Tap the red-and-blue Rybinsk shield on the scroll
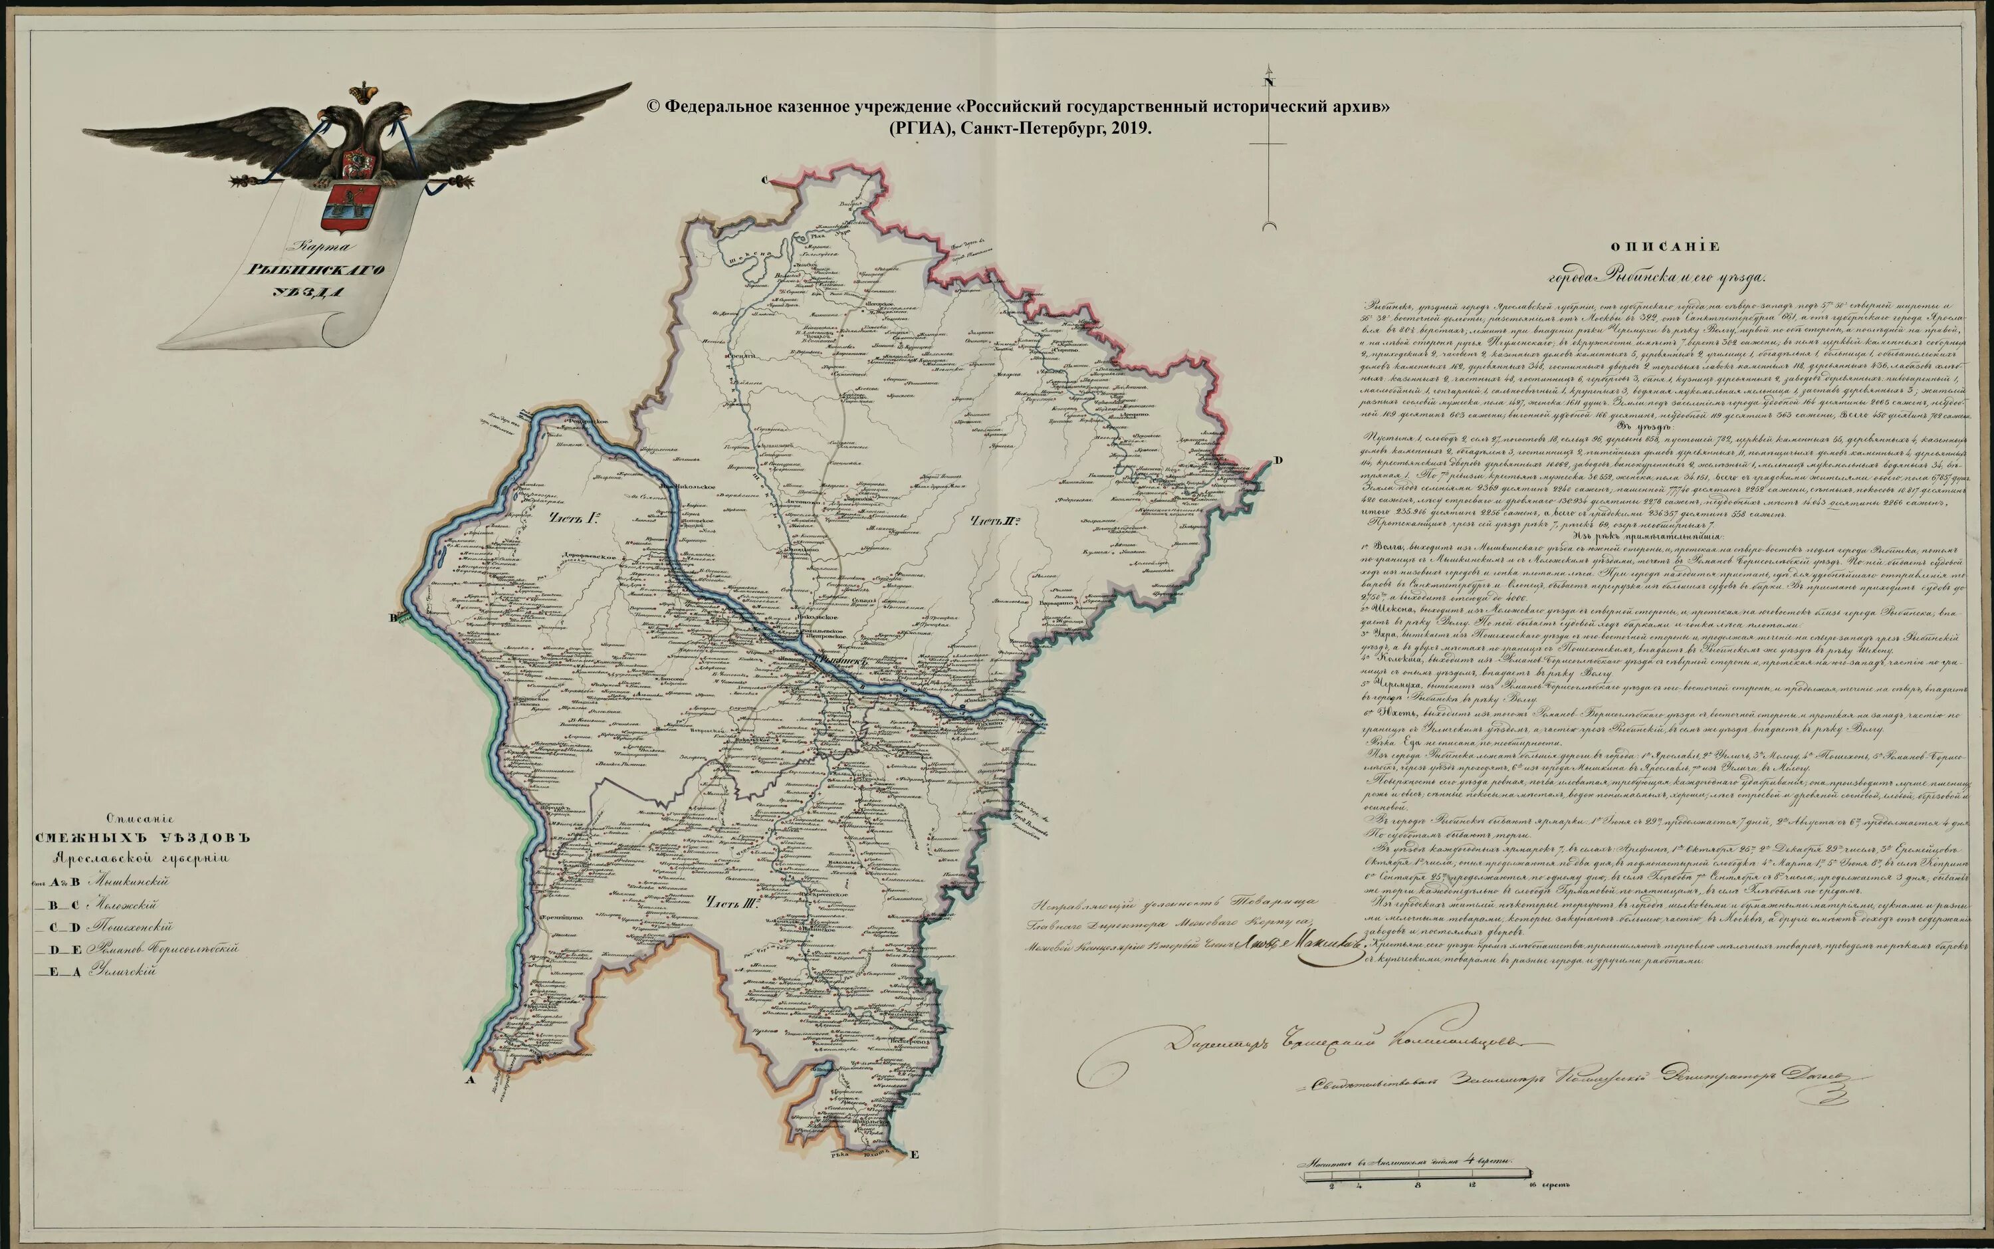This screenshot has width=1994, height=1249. click(350, 207)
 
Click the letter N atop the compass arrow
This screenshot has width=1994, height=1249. click(1268, 81)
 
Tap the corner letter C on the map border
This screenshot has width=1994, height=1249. click(765, 179)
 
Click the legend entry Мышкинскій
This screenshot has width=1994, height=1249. click(132, 882)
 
